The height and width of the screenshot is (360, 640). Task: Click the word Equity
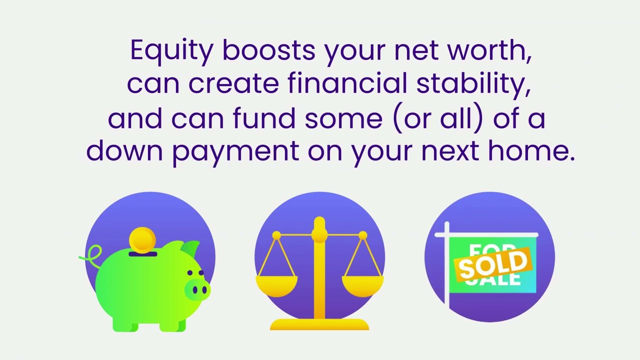click(171, 50)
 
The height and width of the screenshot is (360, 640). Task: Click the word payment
click(235, 151)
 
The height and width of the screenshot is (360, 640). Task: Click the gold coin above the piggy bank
click(142, 239)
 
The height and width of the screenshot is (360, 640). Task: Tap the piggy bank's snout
click(197, 289)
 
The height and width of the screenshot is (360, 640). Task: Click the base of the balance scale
click(319, 325)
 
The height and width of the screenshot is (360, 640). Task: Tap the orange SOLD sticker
click(493, 263)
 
